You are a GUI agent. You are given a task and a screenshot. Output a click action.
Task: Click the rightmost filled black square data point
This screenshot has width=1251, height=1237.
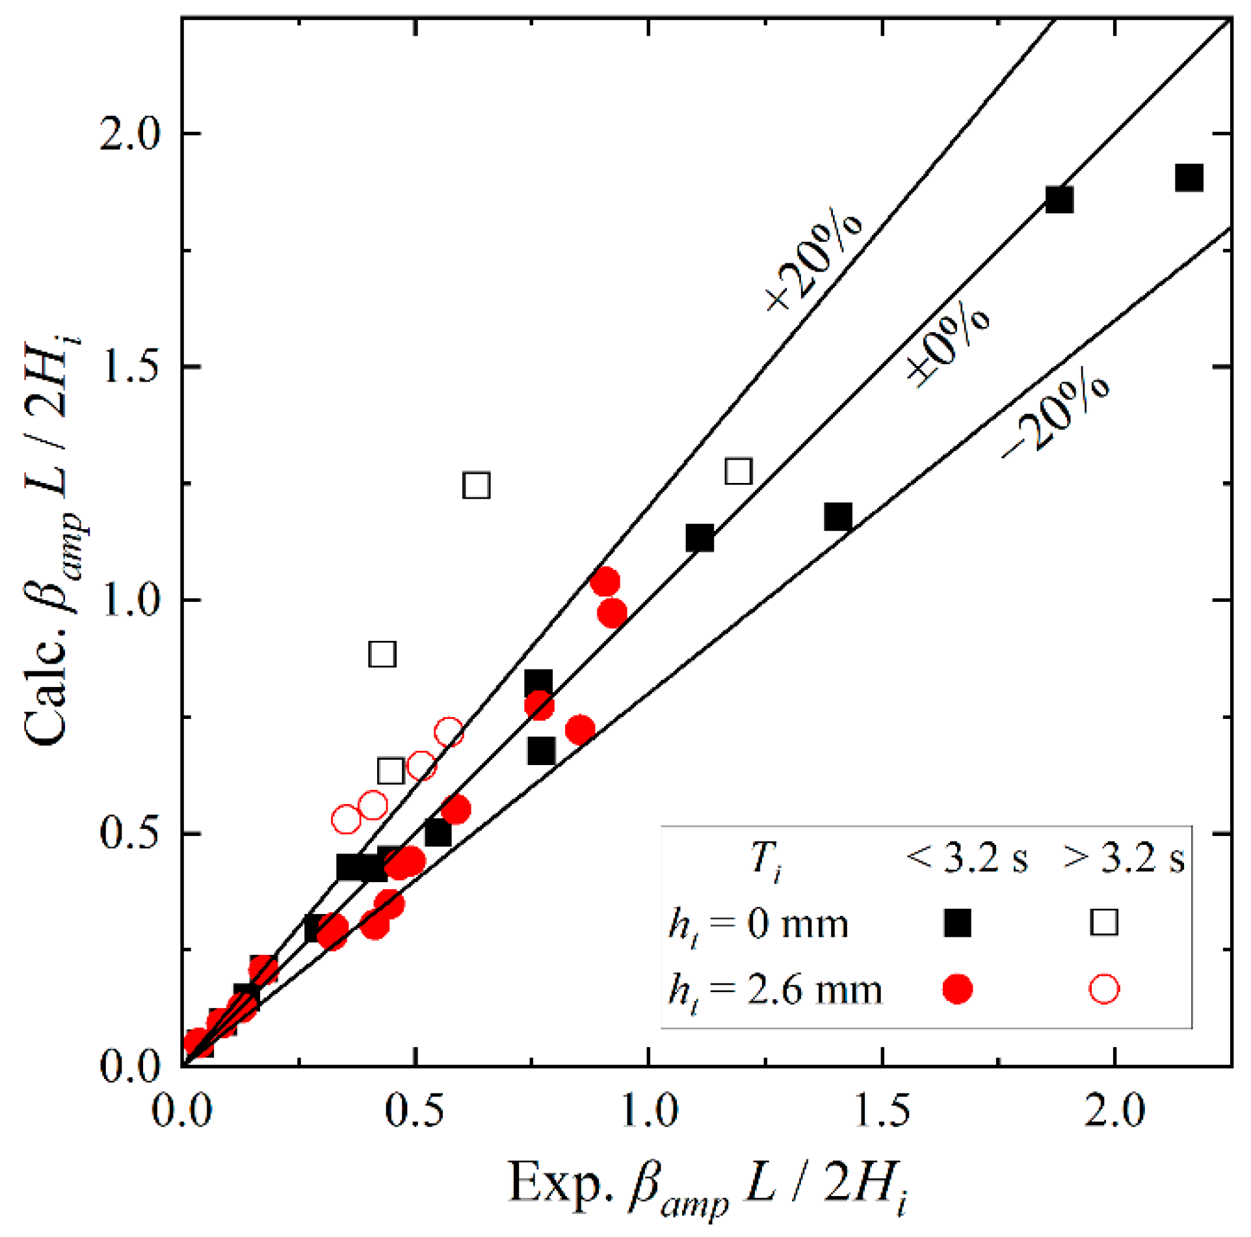pyautogui.click(x=1189, y=177)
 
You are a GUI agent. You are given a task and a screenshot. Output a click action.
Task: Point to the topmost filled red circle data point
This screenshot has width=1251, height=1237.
pyautogui.click(x=605, y=581)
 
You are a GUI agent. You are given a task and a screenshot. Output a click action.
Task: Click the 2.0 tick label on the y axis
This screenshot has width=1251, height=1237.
pyautogui.click(x=129, y=135)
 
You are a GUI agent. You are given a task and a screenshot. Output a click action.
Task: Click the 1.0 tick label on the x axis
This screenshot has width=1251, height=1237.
pyautogui.click(x=649, y=1110)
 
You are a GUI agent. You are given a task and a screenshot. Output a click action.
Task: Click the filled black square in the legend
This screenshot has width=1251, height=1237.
pyautogui.click(x=957, y=922)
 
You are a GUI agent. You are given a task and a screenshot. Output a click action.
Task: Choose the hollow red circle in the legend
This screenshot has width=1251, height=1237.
pyautogui.click(x=1104, y=989)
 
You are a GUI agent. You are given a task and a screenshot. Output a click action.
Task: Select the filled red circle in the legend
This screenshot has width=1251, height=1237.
pyautogui.click(x=957, y=989)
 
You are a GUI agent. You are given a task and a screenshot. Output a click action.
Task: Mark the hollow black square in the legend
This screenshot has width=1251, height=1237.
pyautogui.click(x=1104, y=922)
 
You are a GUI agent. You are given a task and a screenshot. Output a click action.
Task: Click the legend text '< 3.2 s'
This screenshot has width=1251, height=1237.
pyautogui.click(x=967, y=859)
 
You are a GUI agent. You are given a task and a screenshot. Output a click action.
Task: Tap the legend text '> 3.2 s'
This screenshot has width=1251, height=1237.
pyautogui.click(x=1124, y=859)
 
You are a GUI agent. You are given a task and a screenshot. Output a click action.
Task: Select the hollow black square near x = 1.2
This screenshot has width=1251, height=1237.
pyautogui.click(x=739, y=471)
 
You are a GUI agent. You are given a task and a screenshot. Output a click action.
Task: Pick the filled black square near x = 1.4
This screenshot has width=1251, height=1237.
pyautogui.click(x=838, y=517)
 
